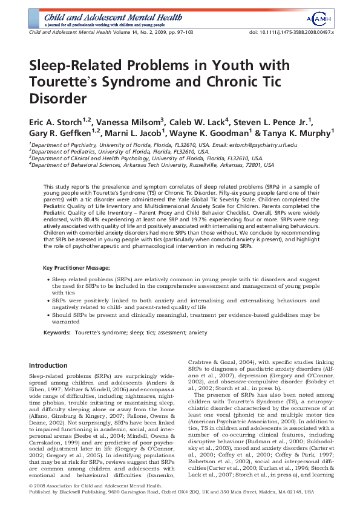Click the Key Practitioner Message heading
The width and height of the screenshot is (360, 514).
click(x=75, y=267)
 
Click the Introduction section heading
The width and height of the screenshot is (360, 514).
click(x=48, y=365)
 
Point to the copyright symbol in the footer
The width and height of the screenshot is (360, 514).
click(x=31, y=501)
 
